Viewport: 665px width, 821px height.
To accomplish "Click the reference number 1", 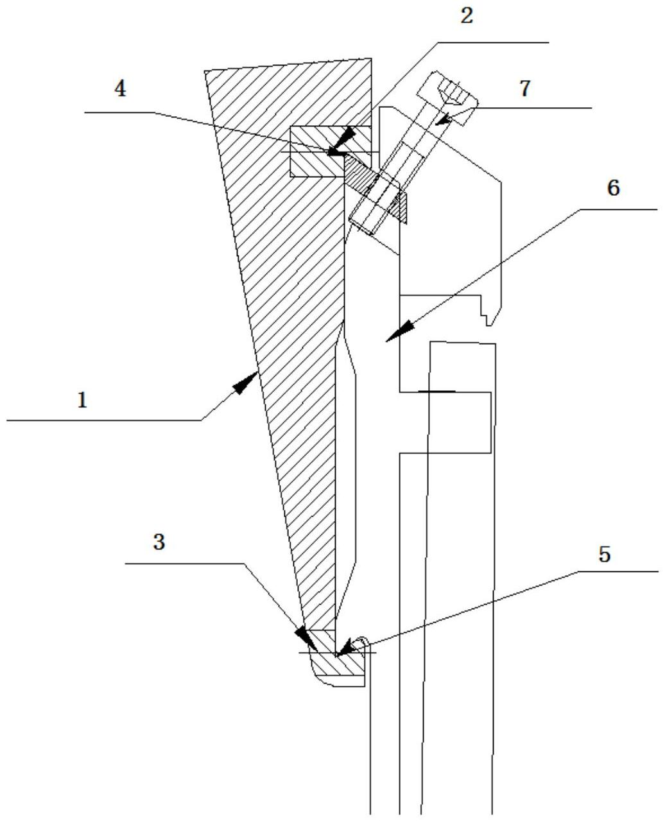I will click(82, 401).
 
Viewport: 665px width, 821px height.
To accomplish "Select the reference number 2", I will click(467, 16).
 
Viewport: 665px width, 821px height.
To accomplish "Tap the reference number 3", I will click(159, 542).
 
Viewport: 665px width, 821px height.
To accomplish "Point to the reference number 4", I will click(120, 89).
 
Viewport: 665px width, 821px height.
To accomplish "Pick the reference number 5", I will click(604, 555).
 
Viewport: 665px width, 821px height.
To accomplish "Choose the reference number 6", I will click(614, 189).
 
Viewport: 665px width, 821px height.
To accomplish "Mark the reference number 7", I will click(525, 89).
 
